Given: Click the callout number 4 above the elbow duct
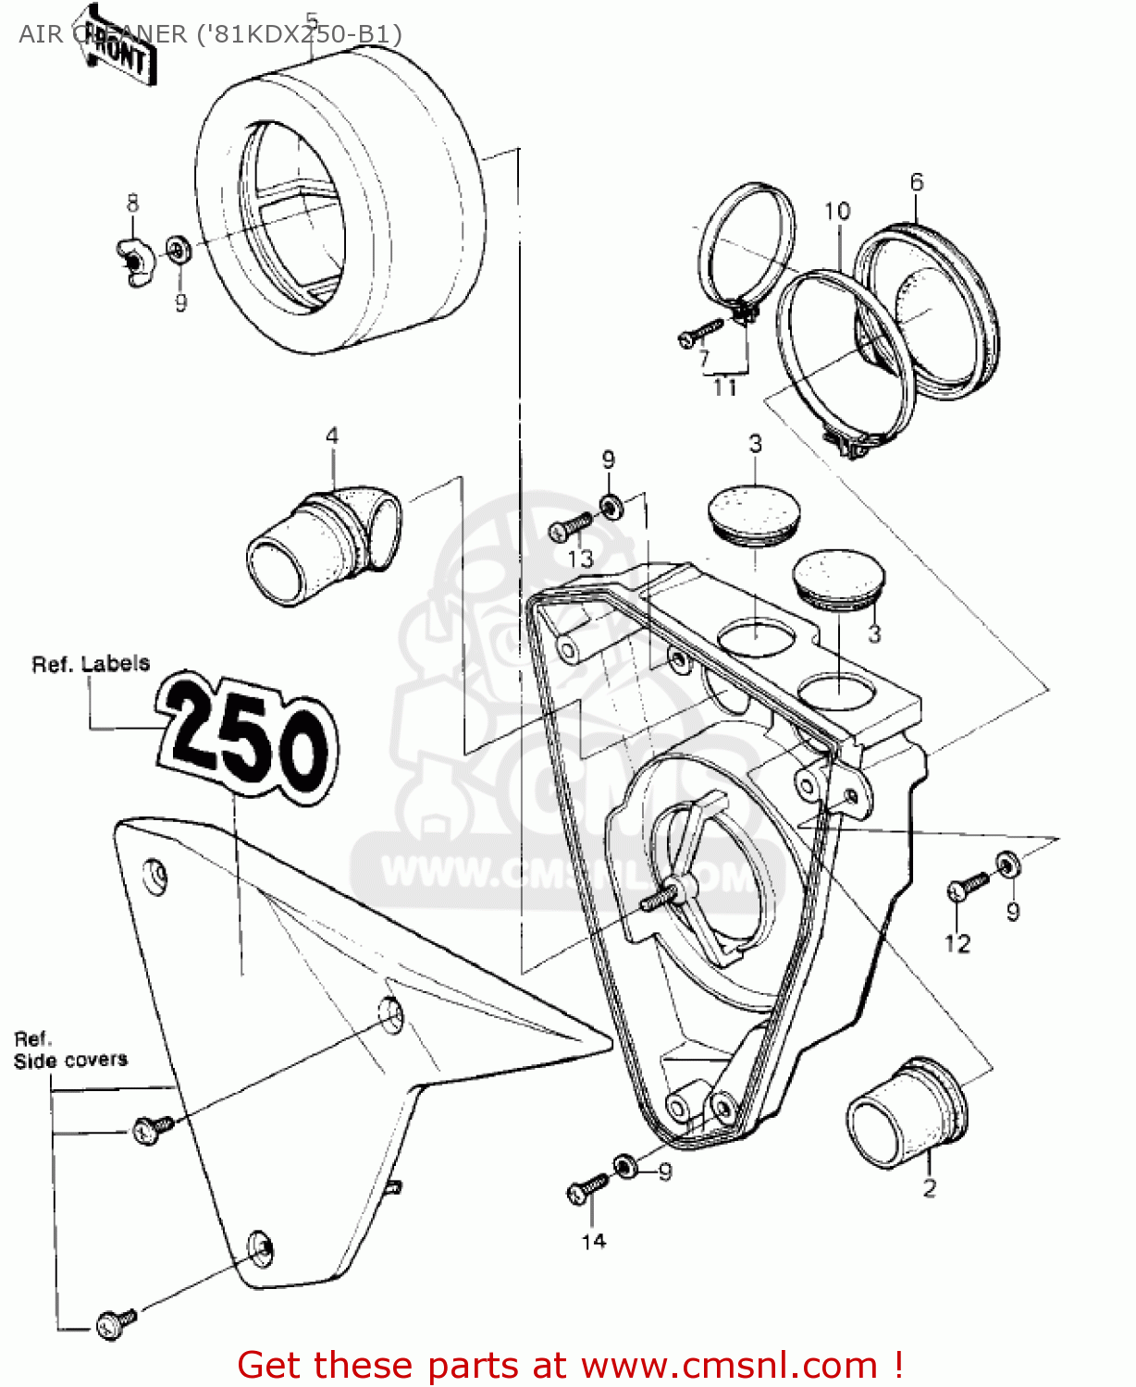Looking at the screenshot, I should pyautogui.click(x=332, y=436).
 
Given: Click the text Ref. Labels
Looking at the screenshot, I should pyautogui.click(x=90, y=664).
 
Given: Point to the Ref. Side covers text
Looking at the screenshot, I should pyautogui.click(x=69, y=1049).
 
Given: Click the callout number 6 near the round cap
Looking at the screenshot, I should pyautogui.click(x=916, y=182).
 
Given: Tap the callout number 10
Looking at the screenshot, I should pyautogui.click(x=836, y=212).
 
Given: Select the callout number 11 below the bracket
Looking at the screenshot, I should pyautogui.click(x=725, y=388).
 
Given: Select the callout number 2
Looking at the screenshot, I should pyautogui.click(x=929, y=1188).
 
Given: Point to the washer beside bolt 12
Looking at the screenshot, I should pyautogui.click(x=1008, y=864).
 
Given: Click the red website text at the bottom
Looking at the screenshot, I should pyautogui.click(x=569, y=1365).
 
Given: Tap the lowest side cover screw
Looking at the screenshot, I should pyautogui.click(x=117, y=1322).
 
